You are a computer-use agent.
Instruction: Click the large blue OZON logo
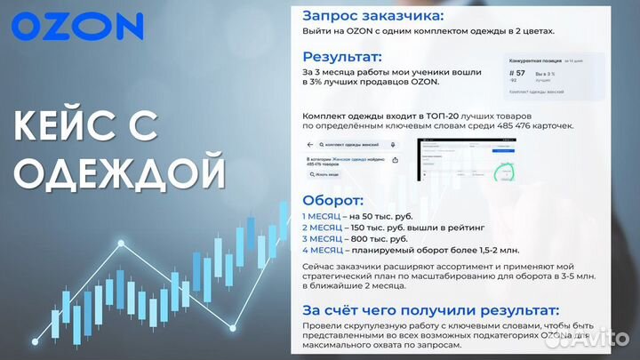point(77,26)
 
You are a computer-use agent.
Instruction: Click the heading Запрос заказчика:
point(372,15)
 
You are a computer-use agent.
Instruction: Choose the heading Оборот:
point(333,200)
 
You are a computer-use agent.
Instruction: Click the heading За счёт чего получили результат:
point(431,310)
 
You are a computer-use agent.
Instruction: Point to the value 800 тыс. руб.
point(384,239)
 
